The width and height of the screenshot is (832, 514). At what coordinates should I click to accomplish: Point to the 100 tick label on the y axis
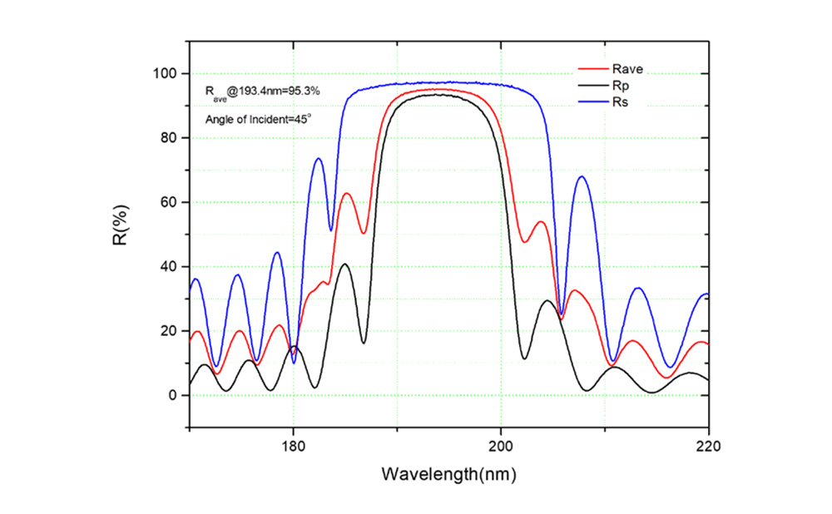click(165, 74)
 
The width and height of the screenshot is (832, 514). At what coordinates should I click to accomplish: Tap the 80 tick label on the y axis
click(168, 138)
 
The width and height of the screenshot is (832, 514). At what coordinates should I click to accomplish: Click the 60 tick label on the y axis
click(168, 202)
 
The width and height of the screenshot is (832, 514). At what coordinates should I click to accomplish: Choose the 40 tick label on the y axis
click(168, 267)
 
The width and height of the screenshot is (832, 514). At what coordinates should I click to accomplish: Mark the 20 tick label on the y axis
click(168, 331)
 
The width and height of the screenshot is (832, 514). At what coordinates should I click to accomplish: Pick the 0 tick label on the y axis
click(171, 395)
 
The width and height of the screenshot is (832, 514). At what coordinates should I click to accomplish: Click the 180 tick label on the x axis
click(293, 445)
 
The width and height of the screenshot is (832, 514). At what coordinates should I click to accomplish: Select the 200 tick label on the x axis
click(501, 445)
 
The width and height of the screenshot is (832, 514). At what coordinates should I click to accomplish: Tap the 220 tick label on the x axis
click(708, 445)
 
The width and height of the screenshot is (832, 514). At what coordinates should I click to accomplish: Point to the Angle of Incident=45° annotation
click(259, 119)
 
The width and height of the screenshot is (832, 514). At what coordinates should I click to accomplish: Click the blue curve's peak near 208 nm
click(582, 176)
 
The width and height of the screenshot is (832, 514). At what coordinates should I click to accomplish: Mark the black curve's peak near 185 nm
click(344, 264)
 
